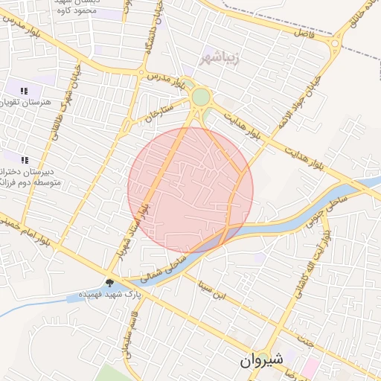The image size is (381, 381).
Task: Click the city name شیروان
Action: click(261, 359)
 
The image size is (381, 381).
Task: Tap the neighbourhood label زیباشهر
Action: click(222, 56)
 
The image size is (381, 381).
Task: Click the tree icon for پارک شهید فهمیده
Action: click(111, 282)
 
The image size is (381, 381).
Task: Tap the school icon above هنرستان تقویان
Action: click(25, 91)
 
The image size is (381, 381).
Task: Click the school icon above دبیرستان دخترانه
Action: click(25, 159)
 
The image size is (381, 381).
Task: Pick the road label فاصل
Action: click(304, 35)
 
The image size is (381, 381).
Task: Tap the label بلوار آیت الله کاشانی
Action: click(322, 261)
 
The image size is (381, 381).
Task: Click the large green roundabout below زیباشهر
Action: click(201, 97)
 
